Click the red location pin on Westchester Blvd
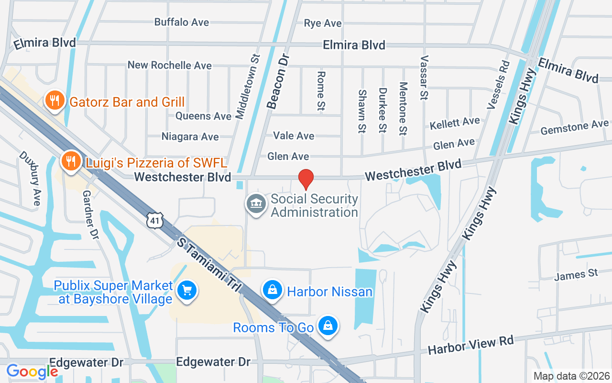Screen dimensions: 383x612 tap(306, 179)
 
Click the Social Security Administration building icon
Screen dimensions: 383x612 tap(256, 204)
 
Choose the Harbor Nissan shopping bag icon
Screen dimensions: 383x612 tap(272, 290)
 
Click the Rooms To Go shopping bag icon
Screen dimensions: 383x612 tap(328, 326)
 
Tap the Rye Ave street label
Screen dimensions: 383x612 tap(323, 23)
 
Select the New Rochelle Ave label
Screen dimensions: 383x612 tap(169, 65)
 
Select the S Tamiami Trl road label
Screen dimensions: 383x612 tap(208, 263)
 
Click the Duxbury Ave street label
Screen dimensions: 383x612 tap(30, 178)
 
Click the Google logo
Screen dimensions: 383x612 tap(32, 371)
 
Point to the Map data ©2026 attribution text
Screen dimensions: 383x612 tap(571, 376)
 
